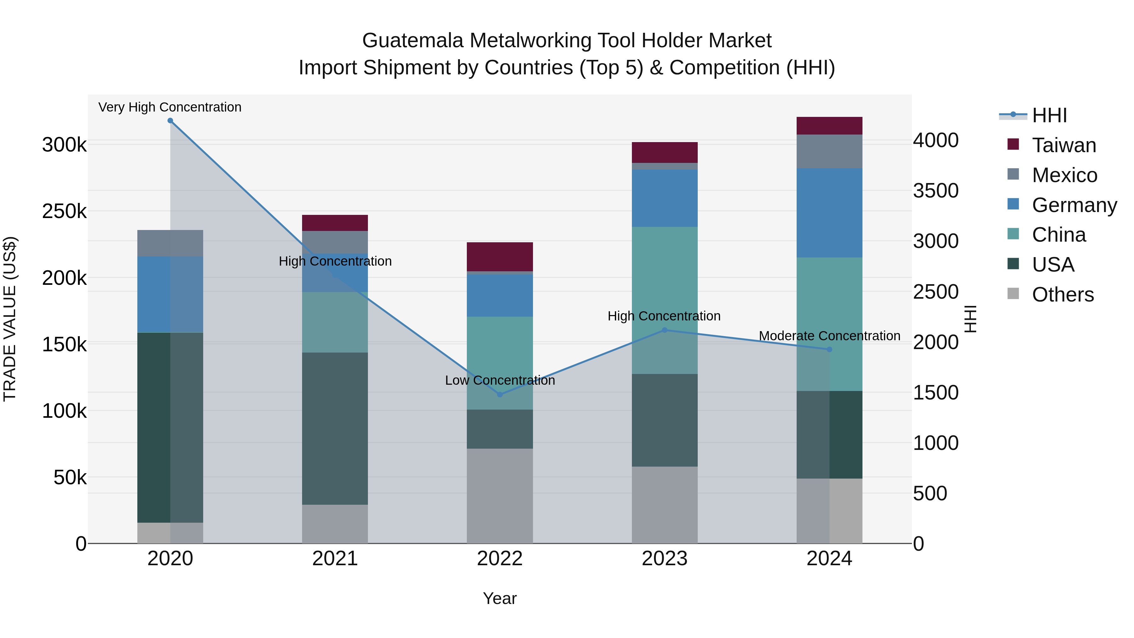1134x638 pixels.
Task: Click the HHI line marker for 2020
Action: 170,121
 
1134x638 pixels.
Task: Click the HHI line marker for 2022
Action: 500,394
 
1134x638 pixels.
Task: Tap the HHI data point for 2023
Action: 665,330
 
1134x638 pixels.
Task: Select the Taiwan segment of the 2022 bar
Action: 500,257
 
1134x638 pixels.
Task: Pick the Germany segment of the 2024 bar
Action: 829,213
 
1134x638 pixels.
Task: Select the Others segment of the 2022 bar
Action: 500,496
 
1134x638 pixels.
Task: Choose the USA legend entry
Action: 1052,265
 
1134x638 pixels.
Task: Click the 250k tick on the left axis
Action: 64,211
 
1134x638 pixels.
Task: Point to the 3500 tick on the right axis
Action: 936,191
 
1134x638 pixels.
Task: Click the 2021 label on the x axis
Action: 335,559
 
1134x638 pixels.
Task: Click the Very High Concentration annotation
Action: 170,107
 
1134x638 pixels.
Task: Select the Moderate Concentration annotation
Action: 829,336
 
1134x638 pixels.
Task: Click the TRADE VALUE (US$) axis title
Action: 10,319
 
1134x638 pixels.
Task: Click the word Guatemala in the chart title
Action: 412,41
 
